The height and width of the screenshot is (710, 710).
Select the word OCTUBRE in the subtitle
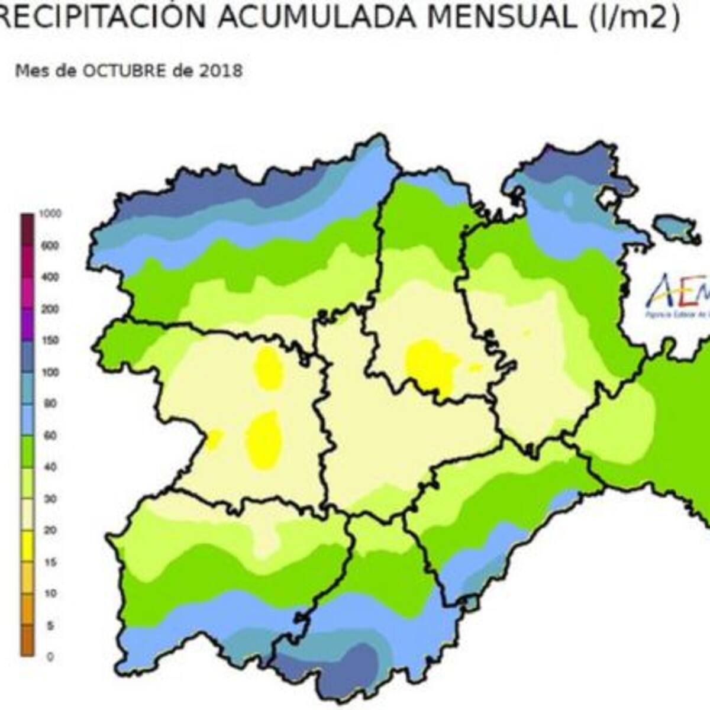[124, 71]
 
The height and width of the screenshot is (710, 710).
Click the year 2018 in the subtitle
[220, 71]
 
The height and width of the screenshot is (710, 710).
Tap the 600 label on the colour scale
[50, 246]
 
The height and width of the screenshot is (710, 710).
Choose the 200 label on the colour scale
[50, 309]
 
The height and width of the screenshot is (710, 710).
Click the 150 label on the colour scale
[50, 341]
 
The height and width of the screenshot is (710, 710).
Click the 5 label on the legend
[50, 625]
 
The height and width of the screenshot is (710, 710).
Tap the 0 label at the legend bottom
[50, 657]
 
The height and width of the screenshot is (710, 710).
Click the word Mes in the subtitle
[28, 71]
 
